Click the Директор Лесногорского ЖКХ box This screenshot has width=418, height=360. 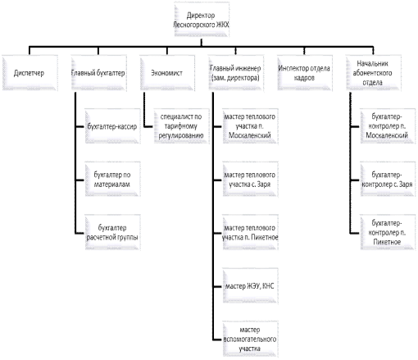click(202, 20)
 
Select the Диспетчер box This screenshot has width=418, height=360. click(30, 73)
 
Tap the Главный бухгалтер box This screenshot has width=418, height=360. click(98, 73)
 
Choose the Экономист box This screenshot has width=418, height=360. click(167, 73)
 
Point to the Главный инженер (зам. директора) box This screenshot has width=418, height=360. click(236, 73)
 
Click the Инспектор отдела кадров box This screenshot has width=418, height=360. click(305, 73)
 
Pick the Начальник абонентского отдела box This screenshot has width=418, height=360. click(373, 73)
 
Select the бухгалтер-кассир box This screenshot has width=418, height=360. click(112, 126)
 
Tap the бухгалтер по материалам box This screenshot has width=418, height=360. click(112, 180)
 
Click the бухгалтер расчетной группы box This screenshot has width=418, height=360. click(112, 232)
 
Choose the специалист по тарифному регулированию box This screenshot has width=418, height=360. click(181, 126)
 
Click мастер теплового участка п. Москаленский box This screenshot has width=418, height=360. click(250, 126)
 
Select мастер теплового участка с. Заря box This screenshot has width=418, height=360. click(250, 180)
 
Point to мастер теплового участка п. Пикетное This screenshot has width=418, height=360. click(250, 232)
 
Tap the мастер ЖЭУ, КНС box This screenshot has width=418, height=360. click(250, 285)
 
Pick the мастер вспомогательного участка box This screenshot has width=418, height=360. click(250, 339)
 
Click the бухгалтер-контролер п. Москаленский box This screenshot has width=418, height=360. click(388, 126)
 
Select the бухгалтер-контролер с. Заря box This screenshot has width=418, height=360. click(388, 180)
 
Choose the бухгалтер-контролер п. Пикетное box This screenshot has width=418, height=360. click(388, 232)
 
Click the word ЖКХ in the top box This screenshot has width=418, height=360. click(222, 25)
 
